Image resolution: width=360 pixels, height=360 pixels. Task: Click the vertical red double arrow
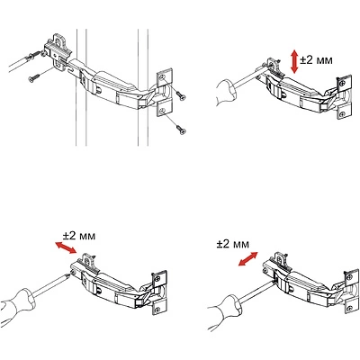tap(294, 62)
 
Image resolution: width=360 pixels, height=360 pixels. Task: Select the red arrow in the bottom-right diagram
tap(247, 259)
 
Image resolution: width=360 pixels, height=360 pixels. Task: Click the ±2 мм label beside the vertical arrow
tap(316, 60)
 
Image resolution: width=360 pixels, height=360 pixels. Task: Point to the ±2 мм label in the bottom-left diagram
tap(79, 236)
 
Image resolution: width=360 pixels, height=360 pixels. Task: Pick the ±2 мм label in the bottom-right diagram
tap(233, 244)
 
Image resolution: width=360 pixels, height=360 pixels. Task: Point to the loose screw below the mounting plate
tap(33, 77)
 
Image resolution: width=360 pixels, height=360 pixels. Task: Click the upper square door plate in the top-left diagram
tap(165, 78)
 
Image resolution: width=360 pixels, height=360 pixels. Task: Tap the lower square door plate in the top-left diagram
tap(165, 110)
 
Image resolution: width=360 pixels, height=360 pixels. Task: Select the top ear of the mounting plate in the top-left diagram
tap(60, 40)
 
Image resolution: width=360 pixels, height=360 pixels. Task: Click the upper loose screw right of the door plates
tap(180, 96)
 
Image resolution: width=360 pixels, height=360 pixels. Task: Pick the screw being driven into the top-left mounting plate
tap(34, 55)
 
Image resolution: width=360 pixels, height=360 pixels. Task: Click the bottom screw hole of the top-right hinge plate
tap(342, 114)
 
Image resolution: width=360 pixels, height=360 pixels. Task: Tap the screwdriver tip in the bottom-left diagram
tap(68, 274)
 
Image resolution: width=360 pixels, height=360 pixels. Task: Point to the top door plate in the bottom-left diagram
tap(159, 279)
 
